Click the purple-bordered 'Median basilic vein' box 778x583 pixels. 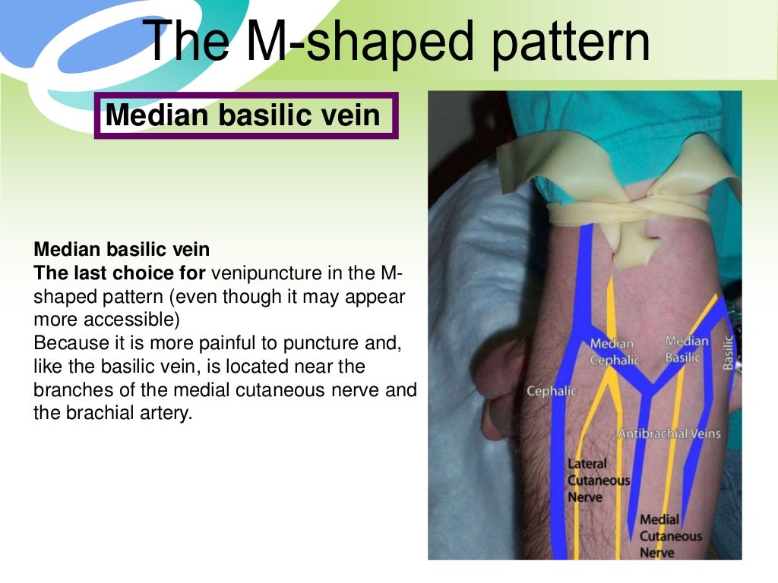point(245,115)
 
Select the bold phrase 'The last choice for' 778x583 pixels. point(119,274)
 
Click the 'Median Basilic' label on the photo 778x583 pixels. point(686,349)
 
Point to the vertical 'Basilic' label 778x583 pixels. point(729,353)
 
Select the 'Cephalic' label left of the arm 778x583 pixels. point(552,392)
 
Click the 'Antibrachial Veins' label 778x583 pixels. point(669,434)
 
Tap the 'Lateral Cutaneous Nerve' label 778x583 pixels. point(599,480)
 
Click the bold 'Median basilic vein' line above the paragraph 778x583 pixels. point(122,250)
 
